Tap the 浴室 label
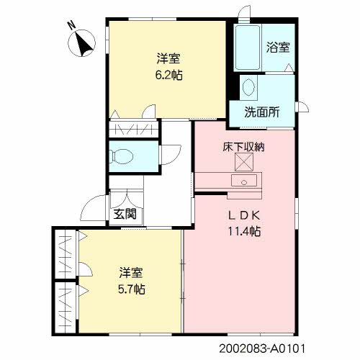tap(278, 48)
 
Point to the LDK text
tap(239, 216)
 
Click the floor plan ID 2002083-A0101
tap(260, 347)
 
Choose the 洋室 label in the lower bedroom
tap(130, 274)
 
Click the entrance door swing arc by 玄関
tap(92, 210)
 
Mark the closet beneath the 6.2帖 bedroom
tap(134, 130)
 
